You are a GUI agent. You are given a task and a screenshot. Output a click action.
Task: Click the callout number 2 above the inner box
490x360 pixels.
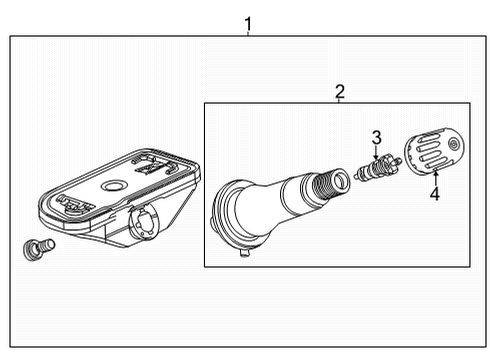(340, 92)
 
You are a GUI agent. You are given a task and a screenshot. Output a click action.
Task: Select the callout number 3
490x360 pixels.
(377, 137)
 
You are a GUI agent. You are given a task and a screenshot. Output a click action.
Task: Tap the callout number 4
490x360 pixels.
(434, 194)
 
